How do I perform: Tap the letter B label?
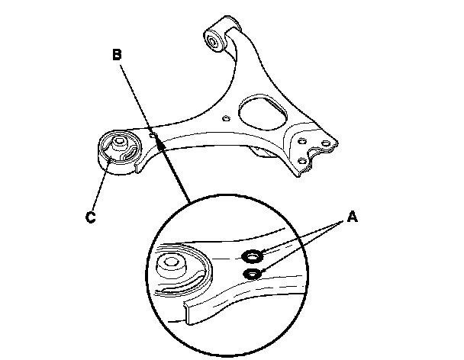[x=117, y=55]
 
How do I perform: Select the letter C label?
[x=89, y=217]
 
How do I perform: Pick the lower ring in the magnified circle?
[x=250, y=273]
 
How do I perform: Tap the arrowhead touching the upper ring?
[x=264, y=252]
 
